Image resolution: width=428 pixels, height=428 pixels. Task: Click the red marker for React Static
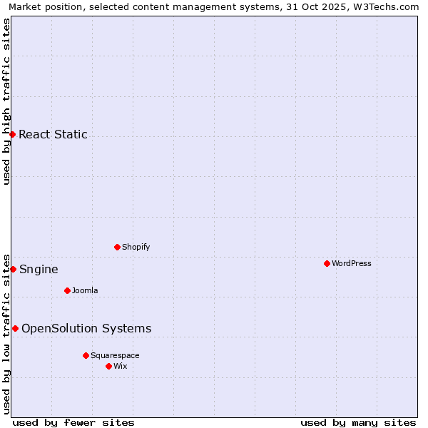tap(12, 134)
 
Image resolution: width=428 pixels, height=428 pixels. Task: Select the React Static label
tap(53, 134)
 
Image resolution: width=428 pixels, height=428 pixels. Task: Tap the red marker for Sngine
tap(13, 269)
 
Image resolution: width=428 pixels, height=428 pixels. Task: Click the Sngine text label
tap(39, 269)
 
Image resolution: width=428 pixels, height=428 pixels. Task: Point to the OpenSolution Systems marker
tap(15, 328)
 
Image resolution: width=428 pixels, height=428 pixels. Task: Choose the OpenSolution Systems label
tap(86, 328)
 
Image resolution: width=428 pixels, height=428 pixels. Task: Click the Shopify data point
tap(117, 247)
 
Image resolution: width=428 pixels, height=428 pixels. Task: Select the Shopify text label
tap(136, 247)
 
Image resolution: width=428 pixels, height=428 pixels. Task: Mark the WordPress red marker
tap(327, 263)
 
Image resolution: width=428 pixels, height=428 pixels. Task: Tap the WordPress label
tap(351, 263)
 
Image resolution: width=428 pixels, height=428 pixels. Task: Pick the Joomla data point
tap(67, 290)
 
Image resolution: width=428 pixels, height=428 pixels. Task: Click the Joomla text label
tap(85, 290)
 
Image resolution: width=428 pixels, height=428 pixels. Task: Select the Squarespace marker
tap(86, 355)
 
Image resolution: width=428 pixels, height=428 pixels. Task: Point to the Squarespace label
tap(115, 355)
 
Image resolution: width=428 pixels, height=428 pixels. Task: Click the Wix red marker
tap(108, 366)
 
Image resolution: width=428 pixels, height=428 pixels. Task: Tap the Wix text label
tap(121, 366)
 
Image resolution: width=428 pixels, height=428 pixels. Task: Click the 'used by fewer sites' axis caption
tap(73, 422)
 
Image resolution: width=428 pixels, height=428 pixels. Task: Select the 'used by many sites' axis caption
tap(358, 422)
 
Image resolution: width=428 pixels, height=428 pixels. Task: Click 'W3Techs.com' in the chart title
tap(389, 7)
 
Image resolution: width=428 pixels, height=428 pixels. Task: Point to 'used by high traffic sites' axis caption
tap(7, 101)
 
